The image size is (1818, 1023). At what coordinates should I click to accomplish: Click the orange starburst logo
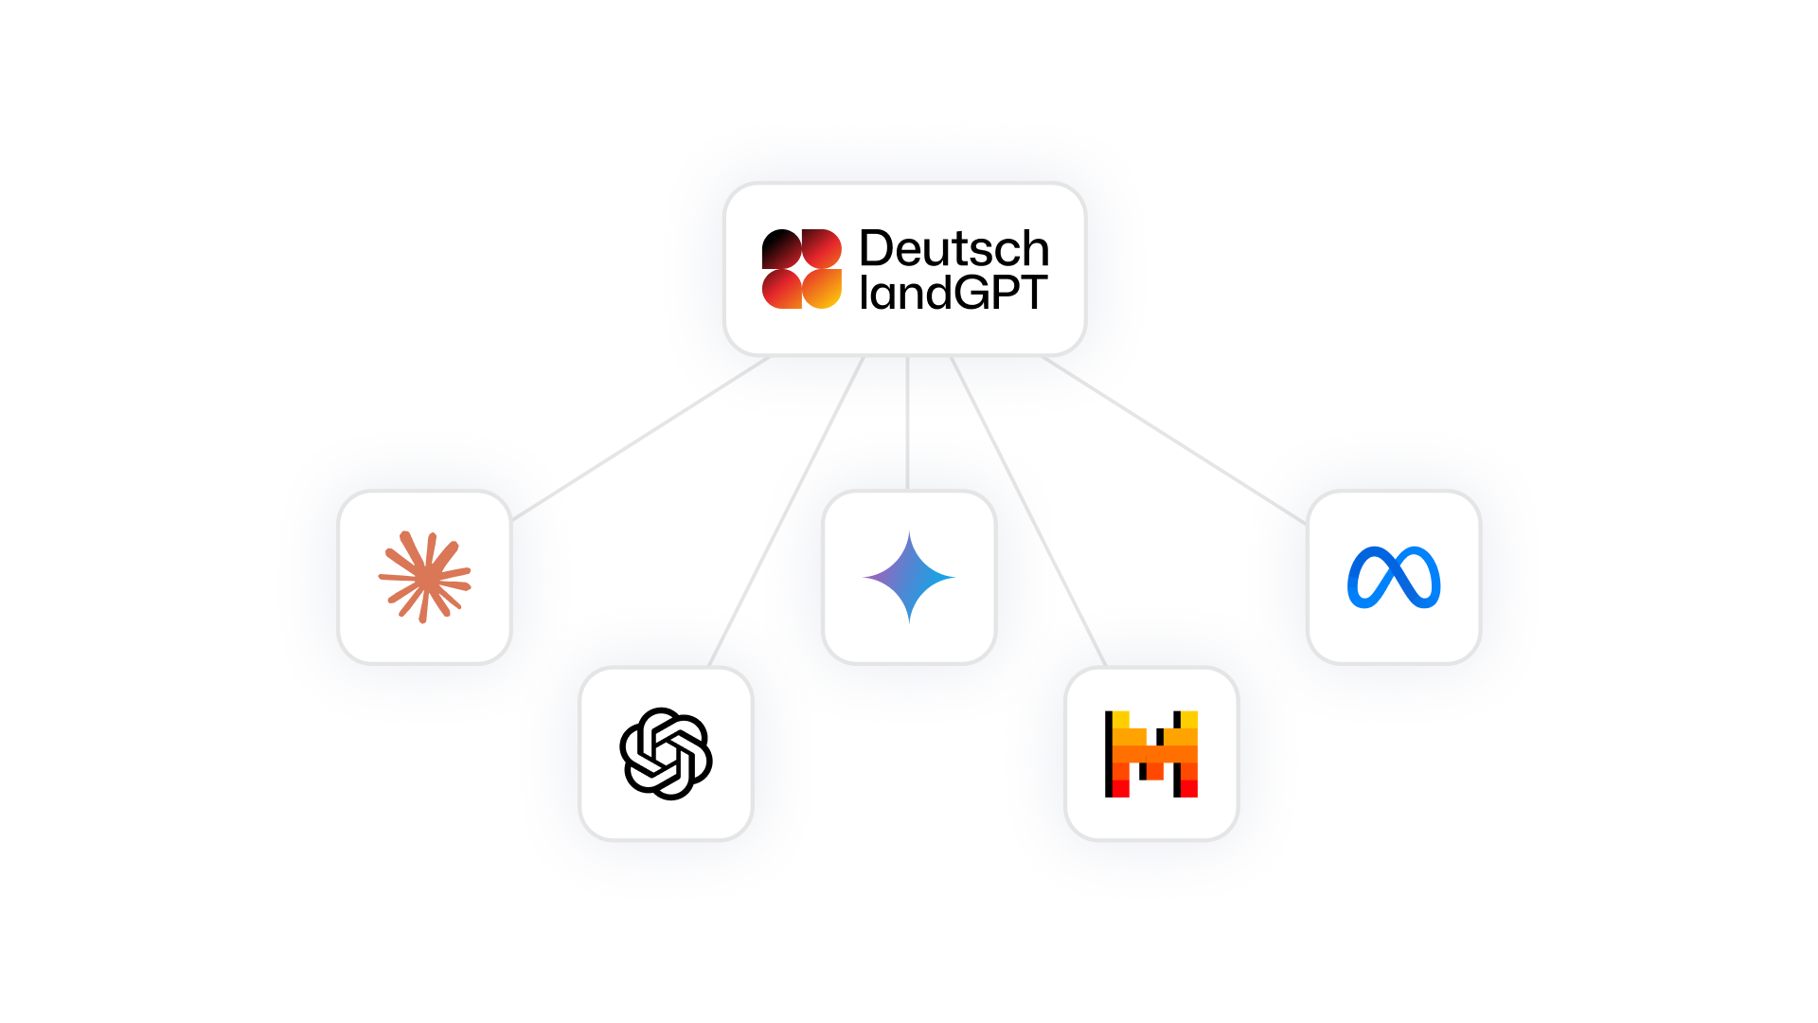click(425, 577)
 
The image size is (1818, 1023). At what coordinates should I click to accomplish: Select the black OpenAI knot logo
click(666, 754)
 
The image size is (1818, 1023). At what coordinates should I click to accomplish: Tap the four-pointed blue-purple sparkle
click(909, 577)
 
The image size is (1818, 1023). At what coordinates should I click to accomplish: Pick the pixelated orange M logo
click(1151, 754)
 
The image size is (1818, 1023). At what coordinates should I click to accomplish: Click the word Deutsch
click(954, 249)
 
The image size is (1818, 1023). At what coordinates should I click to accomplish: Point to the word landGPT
click(954, 293)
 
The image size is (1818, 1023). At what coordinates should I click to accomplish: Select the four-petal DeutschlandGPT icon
click(802, 269)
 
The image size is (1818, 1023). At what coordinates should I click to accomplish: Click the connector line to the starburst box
click(641, 438)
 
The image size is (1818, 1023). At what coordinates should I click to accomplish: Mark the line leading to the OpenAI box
click(786, 511)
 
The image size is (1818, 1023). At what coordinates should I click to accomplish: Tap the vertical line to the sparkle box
click(907, 423)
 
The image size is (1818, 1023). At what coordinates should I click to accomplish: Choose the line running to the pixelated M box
click(1028, 511)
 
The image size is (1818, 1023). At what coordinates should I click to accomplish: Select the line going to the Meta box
click(1174, 440)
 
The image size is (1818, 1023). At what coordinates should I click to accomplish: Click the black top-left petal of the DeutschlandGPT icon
click(781, 248)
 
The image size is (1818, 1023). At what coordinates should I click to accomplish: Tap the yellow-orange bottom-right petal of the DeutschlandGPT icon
click(823, 290)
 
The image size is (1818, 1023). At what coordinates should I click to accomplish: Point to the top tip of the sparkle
click(909, 531)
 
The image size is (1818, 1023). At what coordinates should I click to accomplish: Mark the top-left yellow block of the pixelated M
click(1120, 720)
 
